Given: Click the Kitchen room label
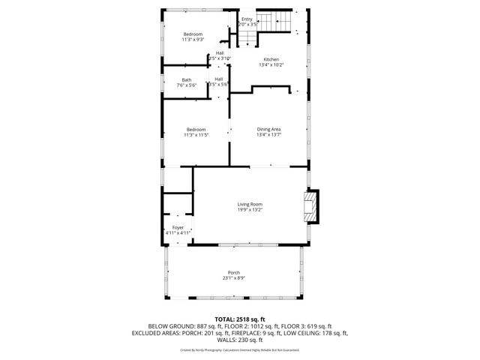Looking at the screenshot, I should (271, 59).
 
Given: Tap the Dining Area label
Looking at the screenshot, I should (268, 129).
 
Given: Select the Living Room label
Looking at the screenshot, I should (250, 204).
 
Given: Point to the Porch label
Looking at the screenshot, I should (235, 272).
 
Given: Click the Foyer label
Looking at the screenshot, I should (178, 227).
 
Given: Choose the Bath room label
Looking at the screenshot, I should (186, 80).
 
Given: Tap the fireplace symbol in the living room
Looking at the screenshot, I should (311, 206).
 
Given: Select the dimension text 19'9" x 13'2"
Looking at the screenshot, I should (250, 210).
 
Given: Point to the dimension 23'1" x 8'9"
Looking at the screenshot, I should (235, 278).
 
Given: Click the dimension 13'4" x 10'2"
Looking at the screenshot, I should (271, 65).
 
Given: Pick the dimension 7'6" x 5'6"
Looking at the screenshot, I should (186, 86).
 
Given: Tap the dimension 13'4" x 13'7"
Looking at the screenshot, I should (268, 135).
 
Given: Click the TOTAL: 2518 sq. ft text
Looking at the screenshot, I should (239, 319).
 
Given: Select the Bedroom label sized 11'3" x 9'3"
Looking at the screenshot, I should (193, 34).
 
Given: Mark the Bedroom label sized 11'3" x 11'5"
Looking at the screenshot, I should (196, 129).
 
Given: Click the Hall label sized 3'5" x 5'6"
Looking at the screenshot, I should (218, 79).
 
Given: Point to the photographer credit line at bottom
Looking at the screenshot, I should (239, 349).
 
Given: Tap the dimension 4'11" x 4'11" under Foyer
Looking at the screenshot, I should (178, 233).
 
